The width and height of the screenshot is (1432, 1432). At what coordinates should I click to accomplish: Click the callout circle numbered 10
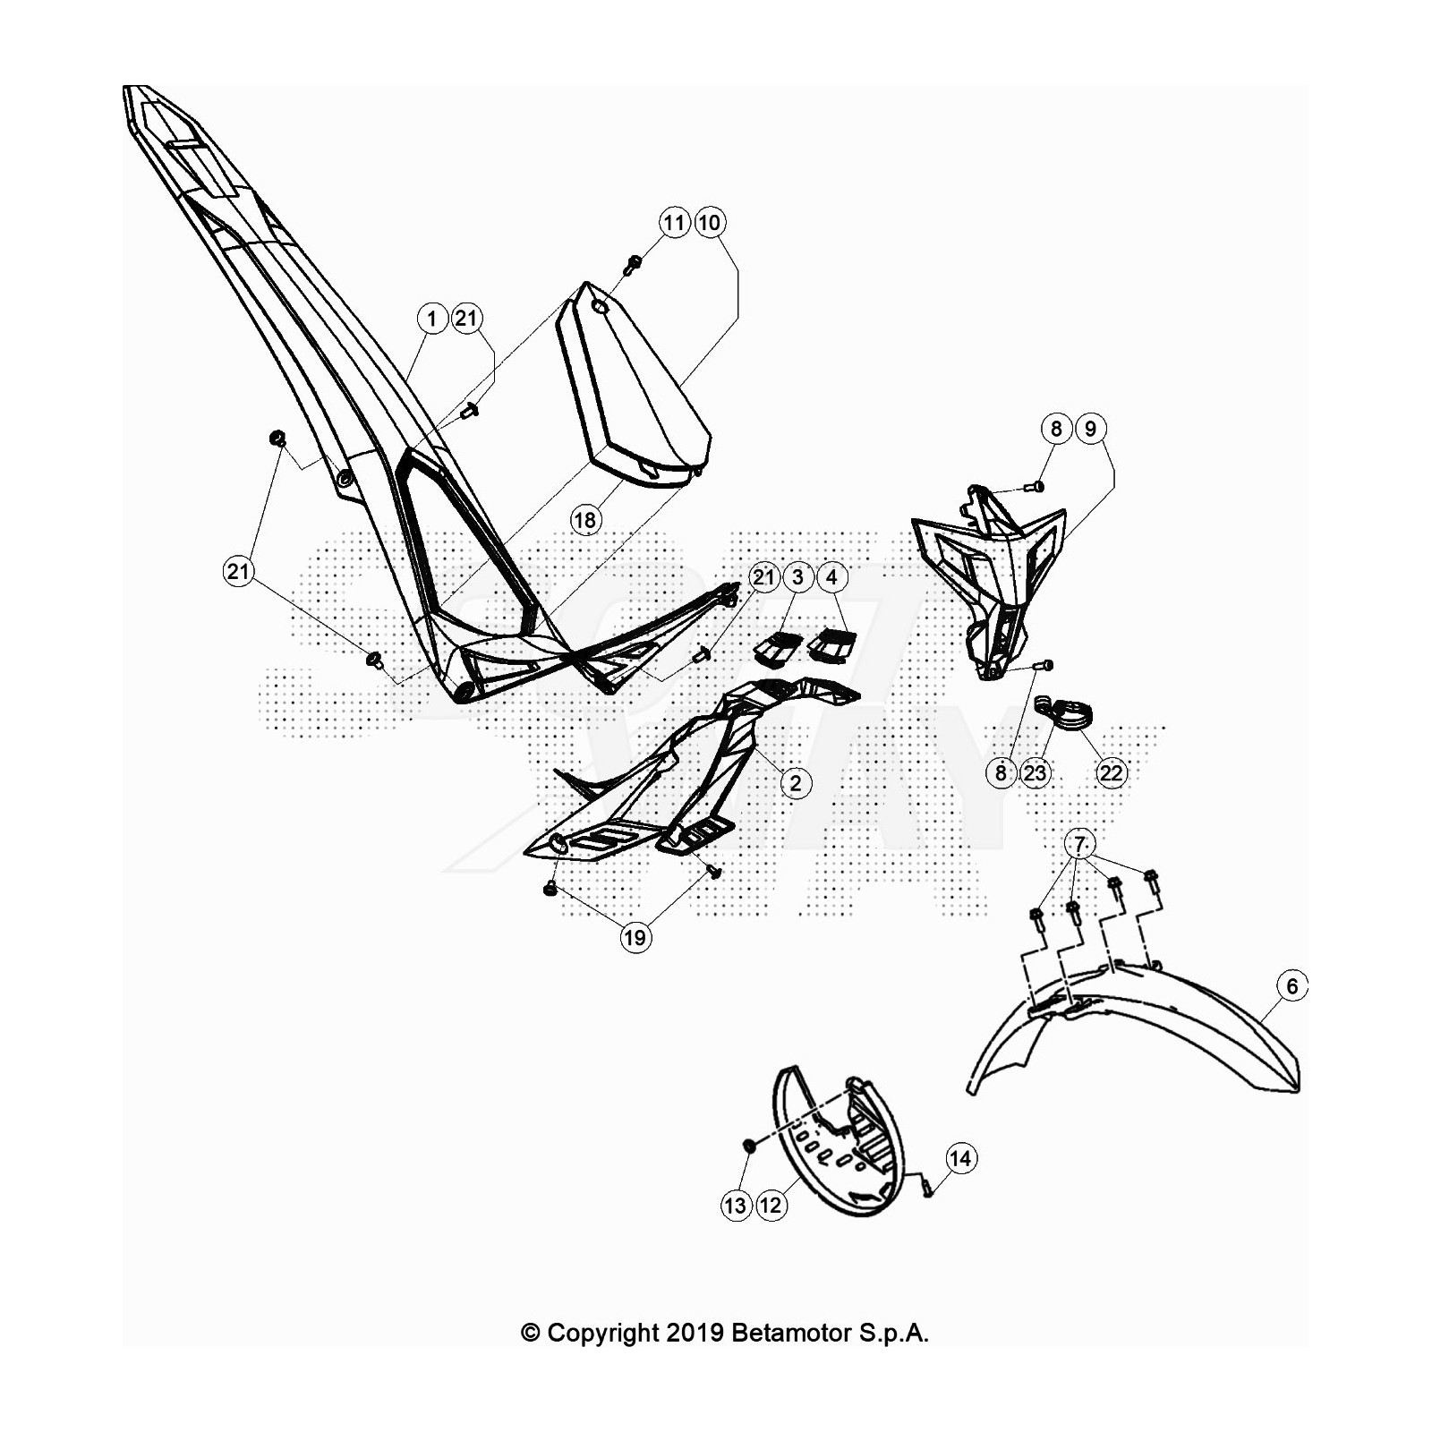709,223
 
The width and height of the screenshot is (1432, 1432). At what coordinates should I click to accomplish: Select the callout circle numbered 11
675,223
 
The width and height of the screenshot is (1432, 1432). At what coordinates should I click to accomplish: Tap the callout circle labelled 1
433,319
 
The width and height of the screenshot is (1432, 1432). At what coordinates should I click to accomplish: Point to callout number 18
585,520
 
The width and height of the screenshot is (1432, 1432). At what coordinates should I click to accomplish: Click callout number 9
1090,429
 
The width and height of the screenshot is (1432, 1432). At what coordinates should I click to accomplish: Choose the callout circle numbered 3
797,577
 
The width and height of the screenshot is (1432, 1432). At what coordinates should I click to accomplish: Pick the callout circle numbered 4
831,577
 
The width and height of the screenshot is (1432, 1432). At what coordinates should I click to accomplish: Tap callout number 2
796,783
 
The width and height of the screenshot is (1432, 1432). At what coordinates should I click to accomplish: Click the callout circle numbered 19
635,937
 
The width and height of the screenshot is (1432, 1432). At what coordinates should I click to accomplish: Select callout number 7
1080,844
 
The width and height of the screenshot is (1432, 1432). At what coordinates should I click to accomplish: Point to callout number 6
1291,986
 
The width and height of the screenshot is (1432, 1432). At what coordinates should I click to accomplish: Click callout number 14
960,1159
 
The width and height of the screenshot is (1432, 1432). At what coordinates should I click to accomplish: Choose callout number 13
736,1206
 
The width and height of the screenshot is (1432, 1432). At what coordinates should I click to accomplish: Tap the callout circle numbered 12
771,1206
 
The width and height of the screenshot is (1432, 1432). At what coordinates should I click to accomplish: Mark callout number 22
1111,772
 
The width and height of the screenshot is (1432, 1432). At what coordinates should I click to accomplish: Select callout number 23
1036,772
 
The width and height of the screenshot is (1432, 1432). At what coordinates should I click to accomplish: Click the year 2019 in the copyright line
694,1333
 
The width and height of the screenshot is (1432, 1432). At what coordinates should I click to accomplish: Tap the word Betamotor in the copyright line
791,1333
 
